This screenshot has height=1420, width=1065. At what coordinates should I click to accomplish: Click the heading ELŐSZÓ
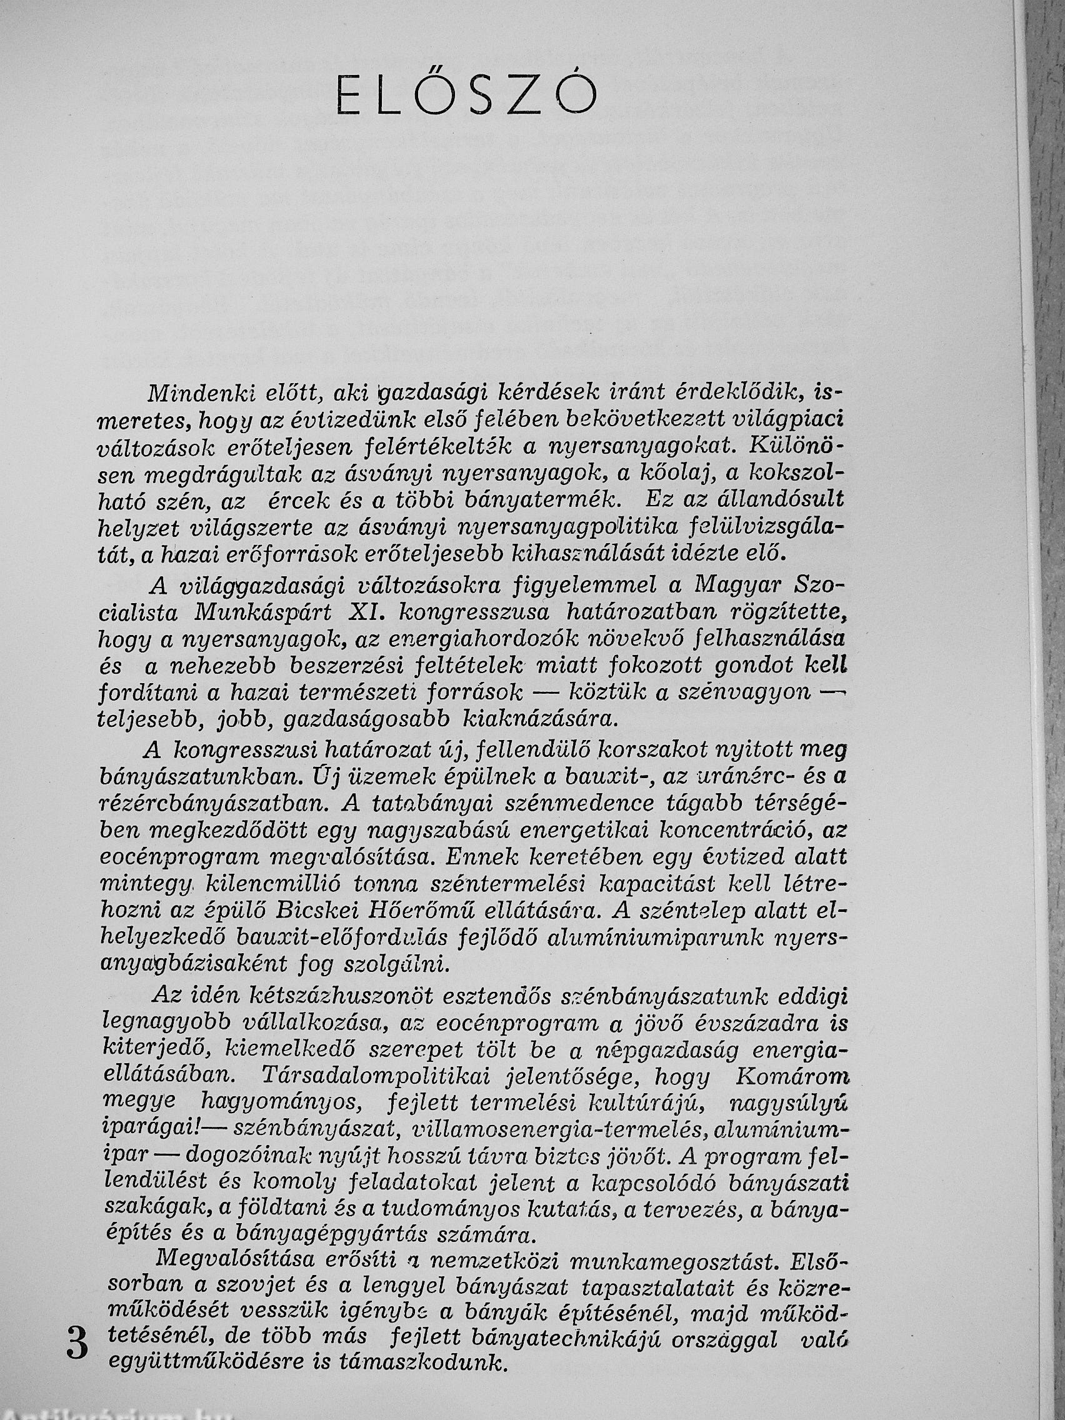click(467, 95)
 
